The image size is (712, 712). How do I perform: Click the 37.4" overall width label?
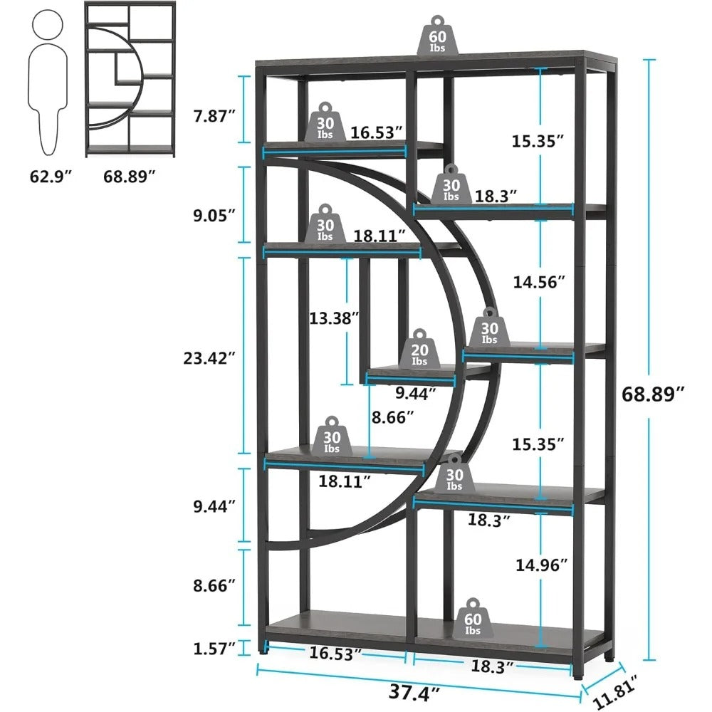414,689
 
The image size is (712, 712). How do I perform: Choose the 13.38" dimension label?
334,319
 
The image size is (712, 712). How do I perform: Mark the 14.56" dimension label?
538,282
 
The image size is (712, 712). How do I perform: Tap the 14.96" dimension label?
542,565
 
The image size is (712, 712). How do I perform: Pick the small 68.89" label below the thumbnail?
130,175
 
